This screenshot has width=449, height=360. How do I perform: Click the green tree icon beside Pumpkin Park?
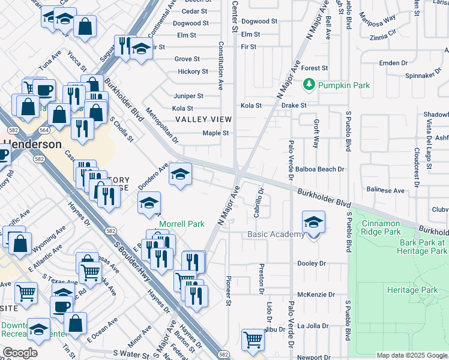click(x=309, y=85)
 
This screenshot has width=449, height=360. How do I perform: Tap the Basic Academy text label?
click(x=276, y=234)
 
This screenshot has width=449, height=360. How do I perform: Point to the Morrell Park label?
click(x=181, y=224)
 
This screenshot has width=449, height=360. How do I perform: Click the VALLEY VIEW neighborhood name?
click(x=203, y=119)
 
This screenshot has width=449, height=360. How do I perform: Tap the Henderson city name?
click(x=34, y=145)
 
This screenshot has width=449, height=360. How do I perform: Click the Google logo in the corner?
click(x=19, y=353)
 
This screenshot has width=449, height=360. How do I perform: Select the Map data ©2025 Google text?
click(x=412, y=355)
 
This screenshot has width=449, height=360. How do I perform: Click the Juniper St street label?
click(x=188, y=96)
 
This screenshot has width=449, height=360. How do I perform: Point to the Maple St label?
click(x=215, y=133)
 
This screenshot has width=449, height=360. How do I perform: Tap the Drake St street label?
click(x=294, y=106)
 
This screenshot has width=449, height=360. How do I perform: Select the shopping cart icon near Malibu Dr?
click(x=253, y=340)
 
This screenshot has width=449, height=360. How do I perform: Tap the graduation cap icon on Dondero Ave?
click(x=179, y=174)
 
